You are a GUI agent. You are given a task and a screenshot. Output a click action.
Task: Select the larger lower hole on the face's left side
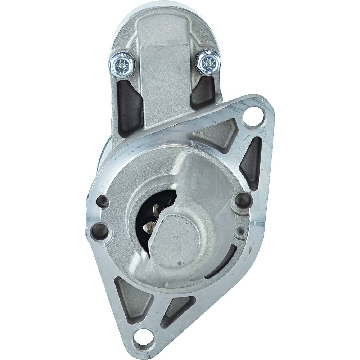99,230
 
